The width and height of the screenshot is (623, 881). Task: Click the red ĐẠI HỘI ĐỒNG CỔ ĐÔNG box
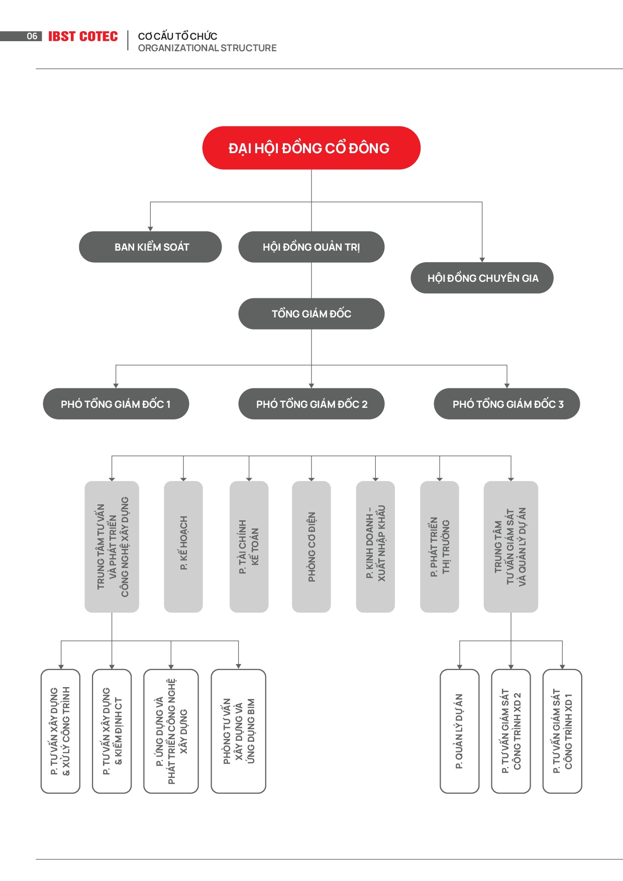click(311, 148)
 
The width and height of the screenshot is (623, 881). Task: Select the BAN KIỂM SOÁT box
click(150, 247)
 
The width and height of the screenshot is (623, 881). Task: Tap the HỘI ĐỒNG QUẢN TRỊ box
click(311, 247)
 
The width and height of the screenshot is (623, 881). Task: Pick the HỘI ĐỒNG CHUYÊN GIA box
click(482, 278)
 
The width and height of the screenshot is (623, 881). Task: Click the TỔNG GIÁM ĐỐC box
click(311, 313)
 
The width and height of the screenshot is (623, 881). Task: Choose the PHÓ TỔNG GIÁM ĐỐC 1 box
click(116, 404)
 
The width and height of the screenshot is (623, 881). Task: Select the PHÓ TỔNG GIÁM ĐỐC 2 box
click(311, 404)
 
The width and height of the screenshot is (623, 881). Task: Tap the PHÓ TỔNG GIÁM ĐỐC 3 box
click(507, 404)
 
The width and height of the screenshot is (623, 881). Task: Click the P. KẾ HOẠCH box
click(183, 546)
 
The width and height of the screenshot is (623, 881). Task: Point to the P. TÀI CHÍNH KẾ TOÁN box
click(249, 546)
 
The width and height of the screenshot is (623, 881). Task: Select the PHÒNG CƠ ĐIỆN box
click(311, 546)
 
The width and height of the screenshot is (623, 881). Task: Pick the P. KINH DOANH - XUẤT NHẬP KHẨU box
click(375, 546)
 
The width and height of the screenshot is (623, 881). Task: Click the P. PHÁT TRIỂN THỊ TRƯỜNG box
click(440, 546)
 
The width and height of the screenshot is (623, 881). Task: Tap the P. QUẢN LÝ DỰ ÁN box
click(460, 731)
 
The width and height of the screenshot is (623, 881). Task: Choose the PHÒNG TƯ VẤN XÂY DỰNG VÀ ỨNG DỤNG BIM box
click(239, 731)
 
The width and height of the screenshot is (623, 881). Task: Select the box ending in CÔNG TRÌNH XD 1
click(563, 731)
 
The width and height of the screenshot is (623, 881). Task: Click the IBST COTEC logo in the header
click(83, 37)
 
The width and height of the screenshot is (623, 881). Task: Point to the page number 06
click(32, 36)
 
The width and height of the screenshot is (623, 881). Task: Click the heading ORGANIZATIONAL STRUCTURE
click(207, 48)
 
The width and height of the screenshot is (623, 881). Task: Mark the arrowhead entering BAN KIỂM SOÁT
click(150, 229)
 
